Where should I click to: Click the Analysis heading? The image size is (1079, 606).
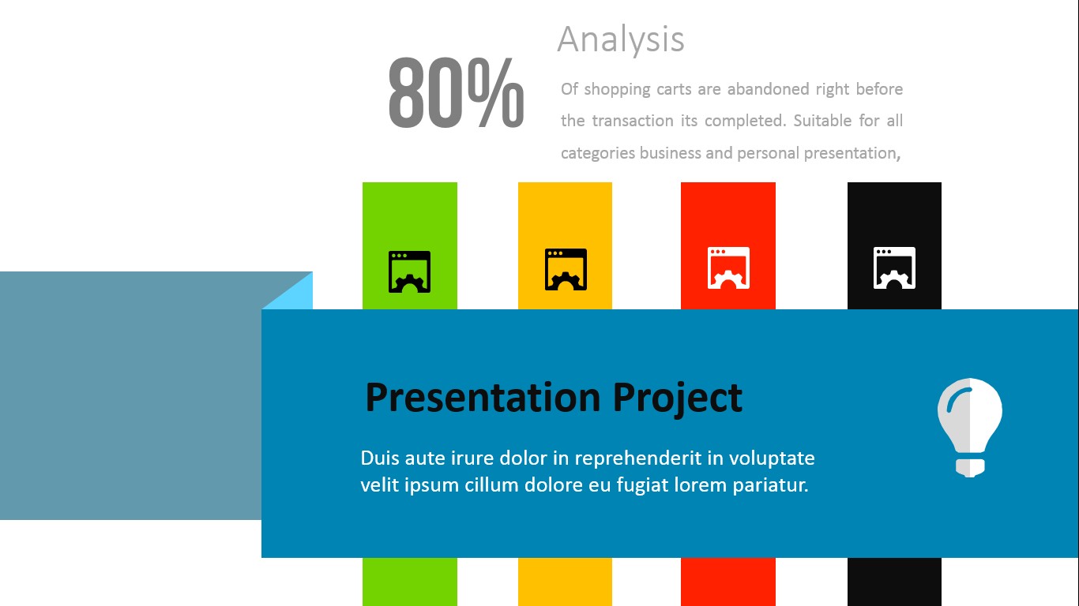coord(621,39)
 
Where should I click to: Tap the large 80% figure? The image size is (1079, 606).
coord(456,93)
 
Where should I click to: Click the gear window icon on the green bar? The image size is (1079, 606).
coord(409,271)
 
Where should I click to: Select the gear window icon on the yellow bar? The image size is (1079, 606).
coord(566,270)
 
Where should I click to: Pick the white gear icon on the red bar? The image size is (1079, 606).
coord(728,268)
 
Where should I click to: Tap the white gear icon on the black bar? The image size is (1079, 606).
coord(894,268)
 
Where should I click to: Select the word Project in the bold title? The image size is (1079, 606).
coord(678,397)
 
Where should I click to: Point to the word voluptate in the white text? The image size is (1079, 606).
coord(772,458)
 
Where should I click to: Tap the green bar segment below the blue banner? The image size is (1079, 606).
coord(409,582)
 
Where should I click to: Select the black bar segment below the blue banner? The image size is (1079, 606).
coord(894,582)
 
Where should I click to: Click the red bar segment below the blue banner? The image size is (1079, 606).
coord(728,582)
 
